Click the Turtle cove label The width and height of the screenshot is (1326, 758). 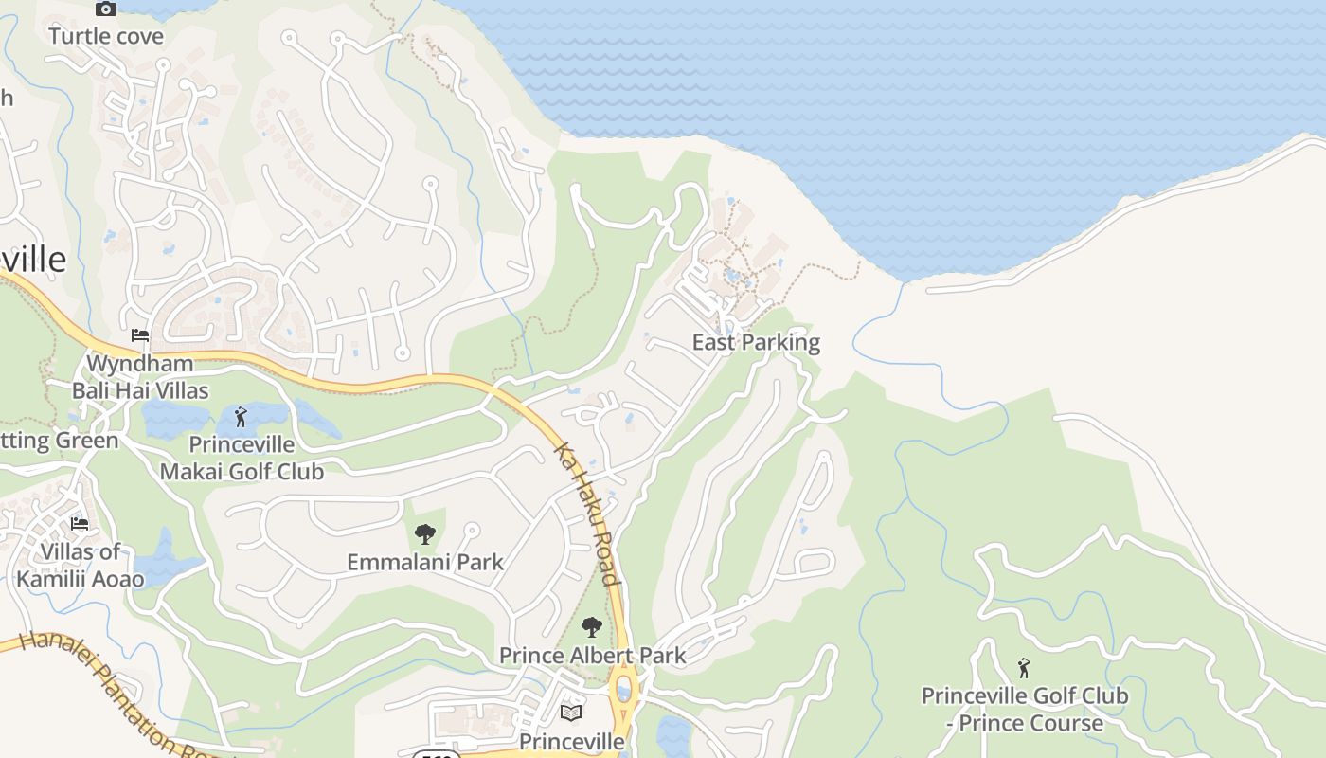(106, 37)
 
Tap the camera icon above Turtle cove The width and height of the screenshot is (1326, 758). (106, 9)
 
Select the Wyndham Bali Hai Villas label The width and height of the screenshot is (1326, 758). (140, 377)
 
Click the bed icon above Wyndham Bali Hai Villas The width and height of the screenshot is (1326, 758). (140, 335)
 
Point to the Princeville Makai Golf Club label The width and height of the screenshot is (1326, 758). (242, 458)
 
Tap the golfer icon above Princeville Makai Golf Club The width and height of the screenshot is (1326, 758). (241, 416)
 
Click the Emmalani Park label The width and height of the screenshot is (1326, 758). (425, 562)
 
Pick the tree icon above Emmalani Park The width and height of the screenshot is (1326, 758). (425, 534)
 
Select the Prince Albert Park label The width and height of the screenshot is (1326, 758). (592, 655)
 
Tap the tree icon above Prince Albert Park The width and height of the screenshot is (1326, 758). (592, 626)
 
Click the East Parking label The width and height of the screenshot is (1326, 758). (756, 342)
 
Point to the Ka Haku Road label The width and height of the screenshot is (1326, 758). (587, 514)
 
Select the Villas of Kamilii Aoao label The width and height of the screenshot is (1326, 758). (81, 566)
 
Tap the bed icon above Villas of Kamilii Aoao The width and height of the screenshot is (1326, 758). (81, 523)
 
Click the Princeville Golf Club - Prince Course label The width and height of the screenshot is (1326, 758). (1025, 710)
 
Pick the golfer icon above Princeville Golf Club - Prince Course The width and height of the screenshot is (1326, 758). (1024, 668)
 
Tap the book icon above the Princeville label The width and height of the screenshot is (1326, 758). (571, 713)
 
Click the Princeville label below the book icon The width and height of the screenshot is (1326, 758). (572, 741)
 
